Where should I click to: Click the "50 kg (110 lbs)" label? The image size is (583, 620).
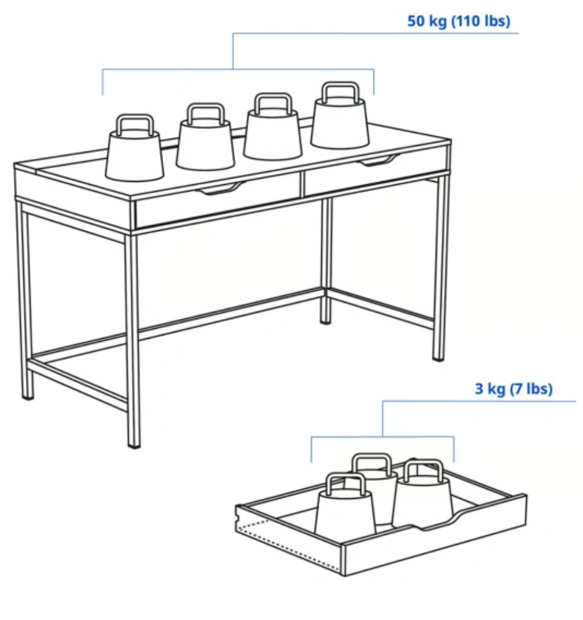[459, 21]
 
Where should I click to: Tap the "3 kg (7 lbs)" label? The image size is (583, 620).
[513, 389]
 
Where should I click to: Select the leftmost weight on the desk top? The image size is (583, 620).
[134, 148]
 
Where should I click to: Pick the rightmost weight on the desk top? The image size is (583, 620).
[340, 115]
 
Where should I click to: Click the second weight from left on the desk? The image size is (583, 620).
[205, 137]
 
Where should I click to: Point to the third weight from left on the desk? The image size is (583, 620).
[273, 127]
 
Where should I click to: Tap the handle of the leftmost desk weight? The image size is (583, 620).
[135, 124]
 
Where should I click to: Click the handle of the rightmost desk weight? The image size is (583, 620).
[341, 92]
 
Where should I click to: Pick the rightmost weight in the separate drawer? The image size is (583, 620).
[423, 492]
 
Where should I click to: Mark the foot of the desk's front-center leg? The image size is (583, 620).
[134, 445]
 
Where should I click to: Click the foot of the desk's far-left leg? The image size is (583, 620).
[28, 396]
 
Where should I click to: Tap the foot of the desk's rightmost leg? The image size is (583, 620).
[438, 358]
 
